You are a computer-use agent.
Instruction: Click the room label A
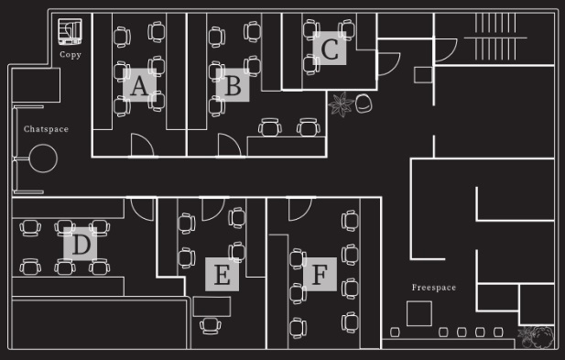[139, 85]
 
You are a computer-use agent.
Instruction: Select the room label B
[233, 85]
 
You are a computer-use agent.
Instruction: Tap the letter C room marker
[330, 49]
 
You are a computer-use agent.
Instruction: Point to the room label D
[80, 244]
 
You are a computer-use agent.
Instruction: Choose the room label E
[222, 274]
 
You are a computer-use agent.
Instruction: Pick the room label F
[320, 274]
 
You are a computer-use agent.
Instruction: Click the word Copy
[71, 54]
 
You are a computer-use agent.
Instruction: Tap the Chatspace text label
[46, 129]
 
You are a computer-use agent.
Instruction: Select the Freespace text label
[434, 288]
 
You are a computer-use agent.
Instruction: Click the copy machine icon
[70, 32]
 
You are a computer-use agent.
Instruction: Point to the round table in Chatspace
[43, 158]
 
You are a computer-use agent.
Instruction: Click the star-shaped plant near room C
[341, 104]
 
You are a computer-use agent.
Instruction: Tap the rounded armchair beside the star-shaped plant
[364, 104]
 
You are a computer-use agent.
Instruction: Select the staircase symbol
[495, 37]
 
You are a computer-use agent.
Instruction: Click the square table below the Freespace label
[419, 313]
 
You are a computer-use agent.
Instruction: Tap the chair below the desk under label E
[211, 326]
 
